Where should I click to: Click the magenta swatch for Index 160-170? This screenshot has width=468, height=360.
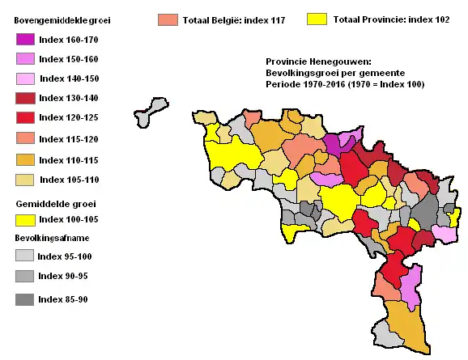point(25,39)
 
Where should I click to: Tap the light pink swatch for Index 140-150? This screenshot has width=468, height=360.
point(25,78)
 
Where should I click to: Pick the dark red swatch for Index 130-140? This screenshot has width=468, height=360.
point(25,99)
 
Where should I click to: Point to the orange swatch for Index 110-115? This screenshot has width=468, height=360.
point(25,159)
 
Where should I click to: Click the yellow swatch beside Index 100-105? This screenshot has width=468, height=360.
point(25,219)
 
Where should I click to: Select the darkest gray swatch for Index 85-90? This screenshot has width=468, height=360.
point(25,299)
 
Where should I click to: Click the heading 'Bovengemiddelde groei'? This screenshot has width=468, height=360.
point(62,19)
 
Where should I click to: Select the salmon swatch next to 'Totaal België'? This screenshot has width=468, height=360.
point(168,19)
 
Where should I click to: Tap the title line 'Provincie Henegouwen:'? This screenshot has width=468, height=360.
point(317,61)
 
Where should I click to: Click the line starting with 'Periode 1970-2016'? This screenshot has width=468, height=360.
point(344,84)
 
